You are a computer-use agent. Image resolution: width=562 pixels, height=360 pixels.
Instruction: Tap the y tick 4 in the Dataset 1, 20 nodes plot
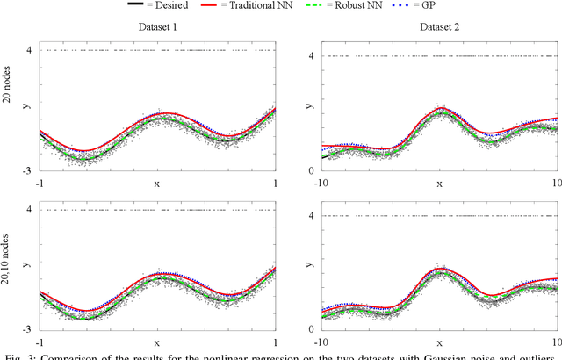[30, 50]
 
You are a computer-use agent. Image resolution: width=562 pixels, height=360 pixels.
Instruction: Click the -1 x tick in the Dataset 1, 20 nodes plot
[40, 184]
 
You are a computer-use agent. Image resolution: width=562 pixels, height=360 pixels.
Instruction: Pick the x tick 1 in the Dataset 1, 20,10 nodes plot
[275, 342]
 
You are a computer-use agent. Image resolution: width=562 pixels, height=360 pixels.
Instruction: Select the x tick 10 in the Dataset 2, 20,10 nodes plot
[554, 342]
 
